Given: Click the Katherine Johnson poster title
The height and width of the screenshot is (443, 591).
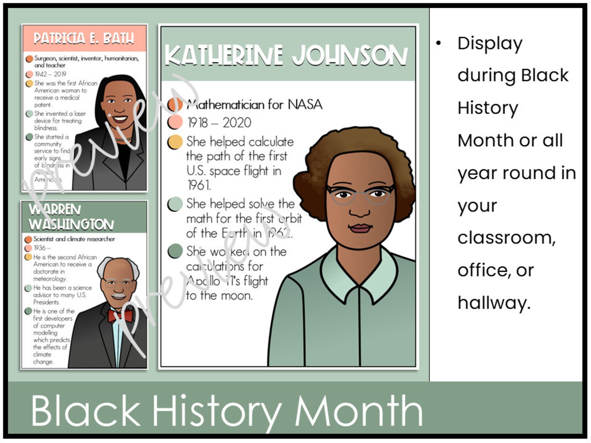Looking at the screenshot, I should click(x=286, y=56).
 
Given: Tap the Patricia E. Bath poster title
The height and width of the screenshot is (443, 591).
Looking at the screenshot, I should click(x=84, y=38).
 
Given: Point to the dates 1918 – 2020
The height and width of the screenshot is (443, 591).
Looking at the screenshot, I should click(x=219, y=122).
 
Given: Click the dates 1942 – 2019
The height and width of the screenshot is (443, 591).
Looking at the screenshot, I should click(x=50, y=74).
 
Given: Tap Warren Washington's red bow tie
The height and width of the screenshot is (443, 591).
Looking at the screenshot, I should click(x=120, y=316).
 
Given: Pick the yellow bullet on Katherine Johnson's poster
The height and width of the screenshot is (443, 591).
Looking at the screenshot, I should click(x=175, y=142).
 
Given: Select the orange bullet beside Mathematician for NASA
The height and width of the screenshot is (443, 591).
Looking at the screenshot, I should click(x=175, y=105).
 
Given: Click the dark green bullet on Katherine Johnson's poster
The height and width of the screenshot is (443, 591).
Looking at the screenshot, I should click(x=175, y=251).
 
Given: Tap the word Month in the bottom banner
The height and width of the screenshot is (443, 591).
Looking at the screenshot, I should click(x=358, y=411).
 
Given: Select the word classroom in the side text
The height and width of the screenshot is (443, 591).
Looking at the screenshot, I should click(x=506, y=237).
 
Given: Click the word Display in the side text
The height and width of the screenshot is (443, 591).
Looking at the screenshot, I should click(x=490, y=44).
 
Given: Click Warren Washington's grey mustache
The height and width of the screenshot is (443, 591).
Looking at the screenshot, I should click(x=118, y=296).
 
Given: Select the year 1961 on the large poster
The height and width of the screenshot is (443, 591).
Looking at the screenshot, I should click(x=198, y=185).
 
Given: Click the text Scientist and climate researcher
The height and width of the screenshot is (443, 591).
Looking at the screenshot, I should click(x=74, y=239).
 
